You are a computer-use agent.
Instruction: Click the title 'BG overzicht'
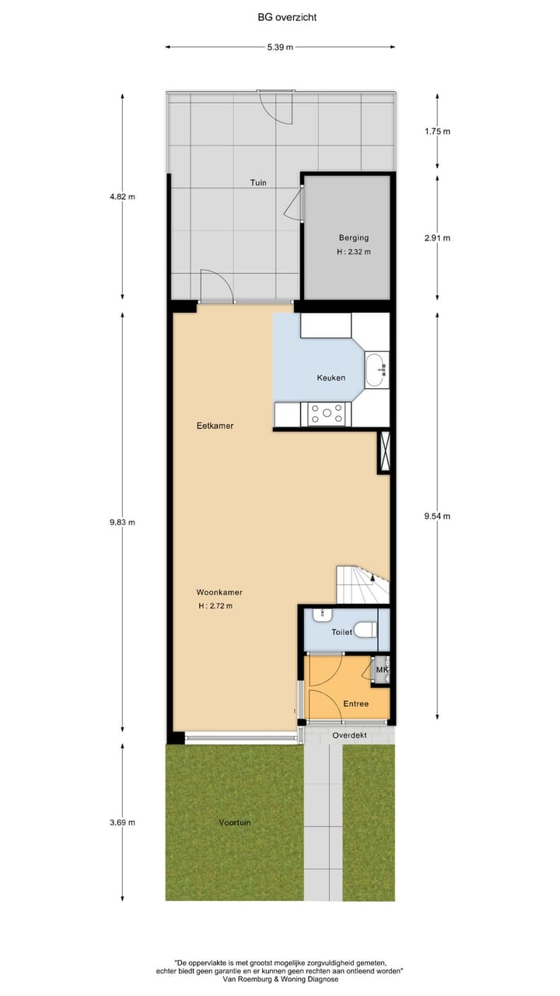coord(280,16)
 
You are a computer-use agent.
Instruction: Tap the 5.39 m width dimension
coord(280,47)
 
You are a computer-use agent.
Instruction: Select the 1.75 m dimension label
coord(437,132)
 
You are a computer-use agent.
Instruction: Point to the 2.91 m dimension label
coord(437,238)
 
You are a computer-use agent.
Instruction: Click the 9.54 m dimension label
coord(437,516)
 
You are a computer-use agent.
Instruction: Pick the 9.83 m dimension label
coord(123,522)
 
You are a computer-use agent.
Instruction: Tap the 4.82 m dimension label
coord(123,197)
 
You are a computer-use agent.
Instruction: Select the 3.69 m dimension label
coord(123,822)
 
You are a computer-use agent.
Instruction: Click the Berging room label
coord(353,238)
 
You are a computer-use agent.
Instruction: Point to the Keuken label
coord(331,378)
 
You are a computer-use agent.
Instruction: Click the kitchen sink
coord(376,369)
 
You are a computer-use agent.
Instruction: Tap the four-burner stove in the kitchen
coord(327,414)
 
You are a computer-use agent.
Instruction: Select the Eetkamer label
coord(215,426)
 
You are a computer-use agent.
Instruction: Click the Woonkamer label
coord(214,592)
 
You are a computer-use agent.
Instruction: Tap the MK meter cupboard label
coord(382,669)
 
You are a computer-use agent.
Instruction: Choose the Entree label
coord(355,703)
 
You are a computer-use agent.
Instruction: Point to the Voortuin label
coord(234,822)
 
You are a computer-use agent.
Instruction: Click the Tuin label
coord(258,183)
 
